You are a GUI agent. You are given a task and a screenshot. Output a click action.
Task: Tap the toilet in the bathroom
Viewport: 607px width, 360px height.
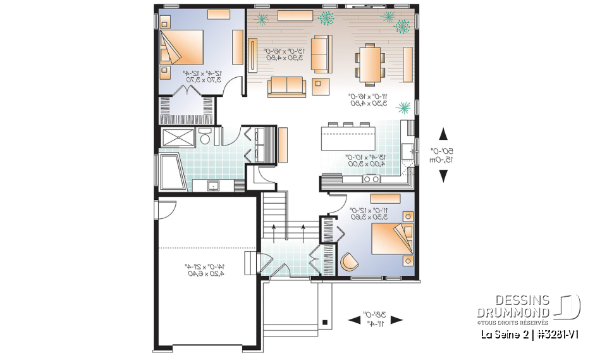click(204, 137)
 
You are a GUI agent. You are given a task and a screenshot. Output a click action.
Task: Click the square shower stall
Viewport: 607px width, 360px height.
click(178, 137)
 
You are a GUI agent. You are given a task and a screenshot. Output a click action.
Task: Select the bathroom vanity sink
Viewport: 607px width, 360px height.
click(214, 185)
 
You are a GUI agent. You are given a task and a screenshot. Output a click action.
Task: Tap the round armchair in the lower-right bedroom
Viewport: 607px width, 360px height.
click(348, 260)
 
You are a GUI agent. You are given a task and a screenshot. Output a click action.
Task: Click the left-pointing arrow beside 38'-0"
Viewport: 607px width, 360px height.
click(353, 320)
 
